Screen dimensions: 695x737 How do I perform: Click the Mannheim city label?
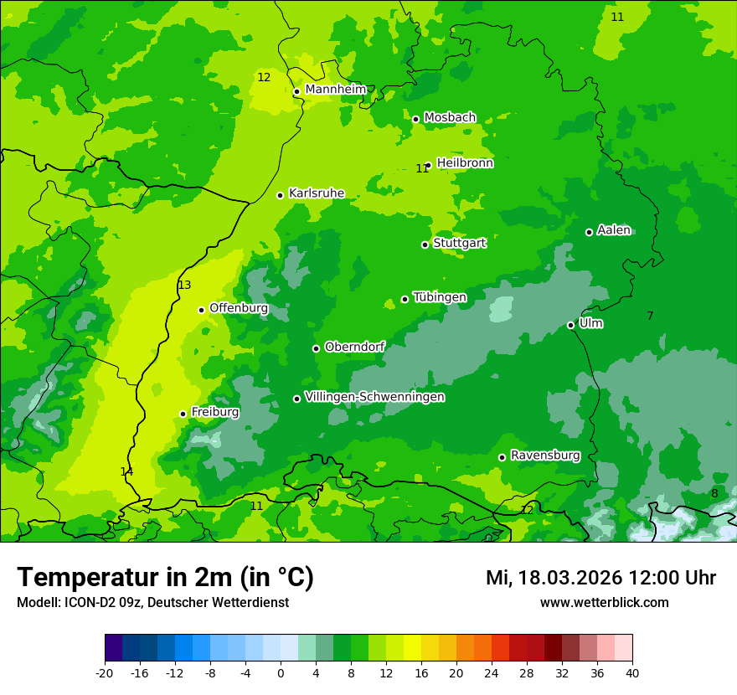(335, 90)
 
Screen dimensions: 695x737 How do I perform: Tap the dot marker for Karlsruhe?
(280, 195)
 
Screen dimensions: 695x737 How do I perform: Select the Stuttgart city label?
(459, 244)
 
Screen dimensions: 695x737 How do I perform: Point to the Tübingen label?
(440, 297)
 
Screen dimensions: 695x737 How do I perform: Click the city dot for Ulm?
(570, 325)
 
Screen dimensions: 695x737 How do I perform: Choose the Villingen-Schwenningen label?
(374, 397)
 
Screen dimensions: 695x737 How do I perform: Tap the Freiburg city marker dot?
(183, 414)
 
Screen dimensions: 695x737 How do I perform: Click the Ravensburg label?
(544, 456)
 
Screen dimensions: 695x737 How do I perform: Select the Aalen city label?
(614, 230)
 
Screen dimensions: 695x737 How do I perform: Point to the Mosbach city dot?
(415, 119)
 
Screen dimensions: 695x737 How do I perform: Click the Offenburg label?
(239, 308)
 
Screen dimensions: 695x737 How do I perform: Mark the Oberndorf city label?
(354, 347)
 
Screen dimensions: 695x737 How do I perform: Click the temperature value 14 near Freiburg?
(126, 472)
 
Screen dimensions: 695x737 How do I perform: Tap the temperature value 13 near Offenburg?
(184, 286)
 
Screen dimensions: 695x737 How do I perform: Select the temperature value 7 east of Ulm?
(650, 316)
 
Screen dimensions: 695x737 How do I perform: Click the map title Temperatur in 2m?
(165, 578)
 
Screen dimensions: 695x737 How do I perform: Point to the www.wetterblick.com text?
(604, 603)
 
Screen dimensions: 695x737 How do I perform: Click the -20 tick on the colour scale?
(105, 673)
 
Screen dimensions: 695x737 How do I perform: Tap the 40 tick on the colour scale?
(631, 673)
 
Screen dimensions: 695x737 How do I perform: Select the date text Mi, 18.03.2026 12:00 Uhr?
(600, 578)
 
